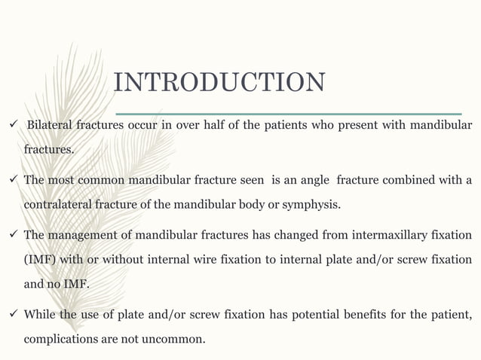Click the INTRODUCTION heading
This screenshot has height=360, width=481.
[x=219, y=83]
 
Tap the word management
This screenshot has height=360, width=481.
[x=81, y=235]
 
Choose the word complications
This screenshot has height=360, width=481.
[x=60, y=339]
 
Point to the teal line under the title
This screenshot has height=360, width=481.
[x=286, y=114]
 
